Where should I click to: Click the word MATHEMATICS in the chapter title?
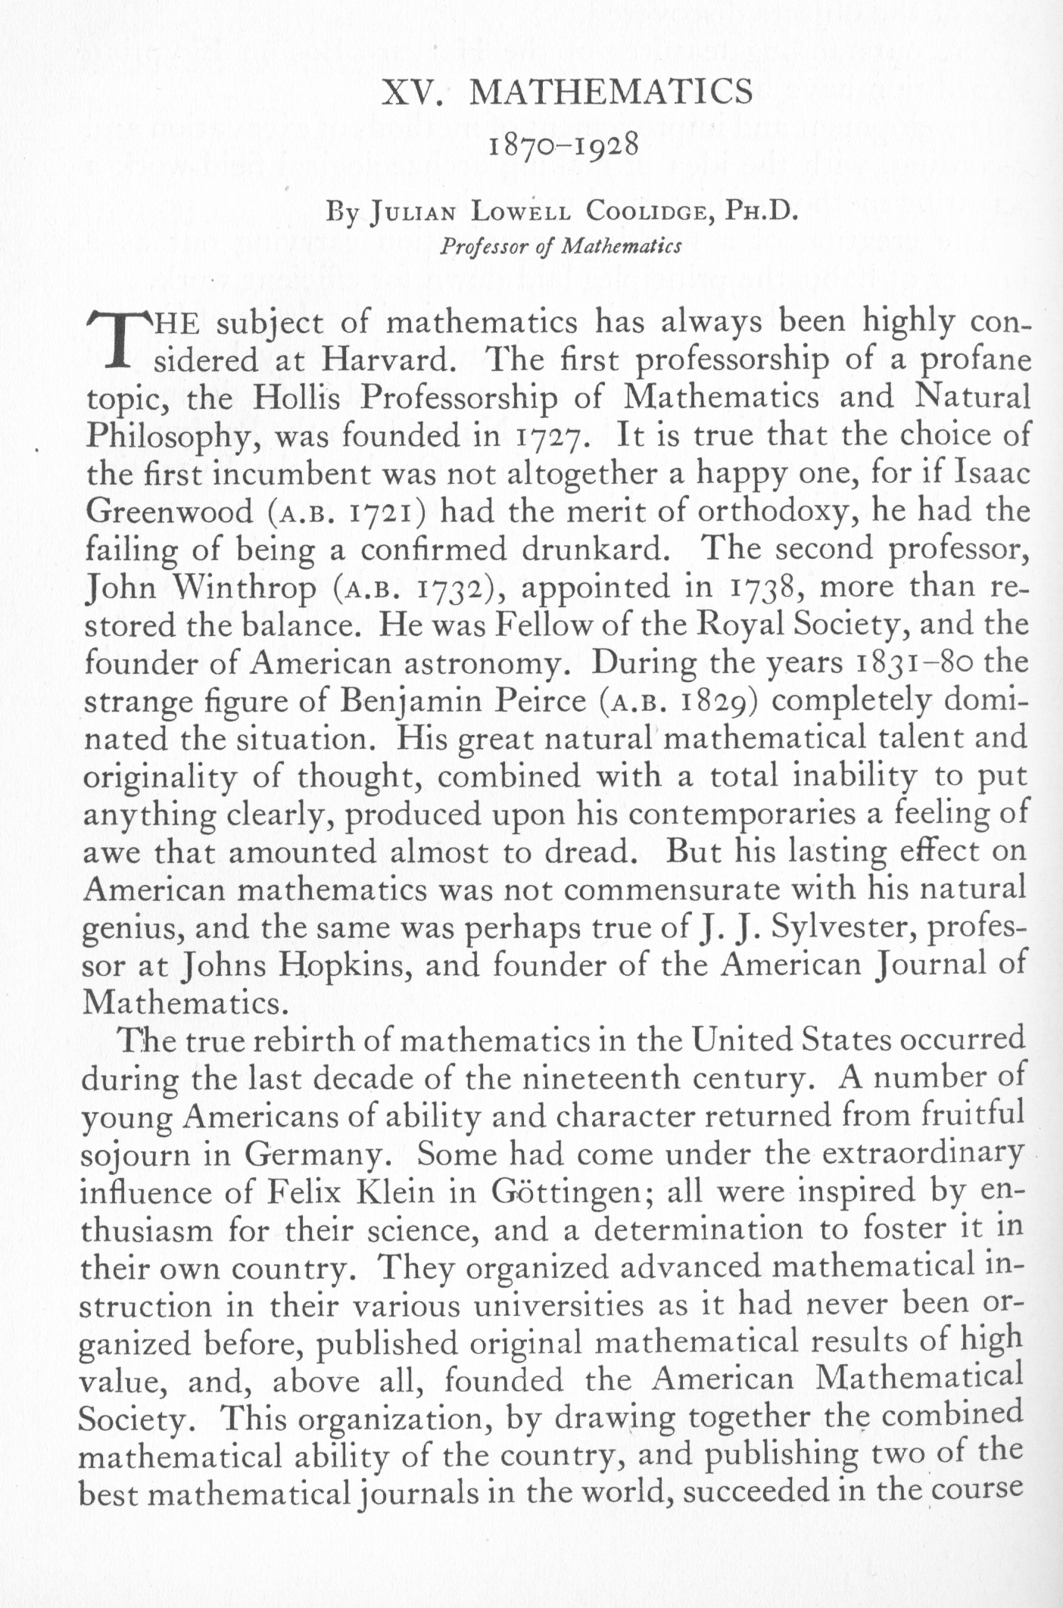611,93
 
